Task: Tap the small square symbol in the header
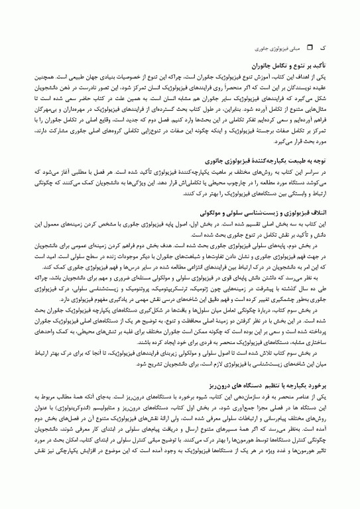(x=308, y=49)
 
